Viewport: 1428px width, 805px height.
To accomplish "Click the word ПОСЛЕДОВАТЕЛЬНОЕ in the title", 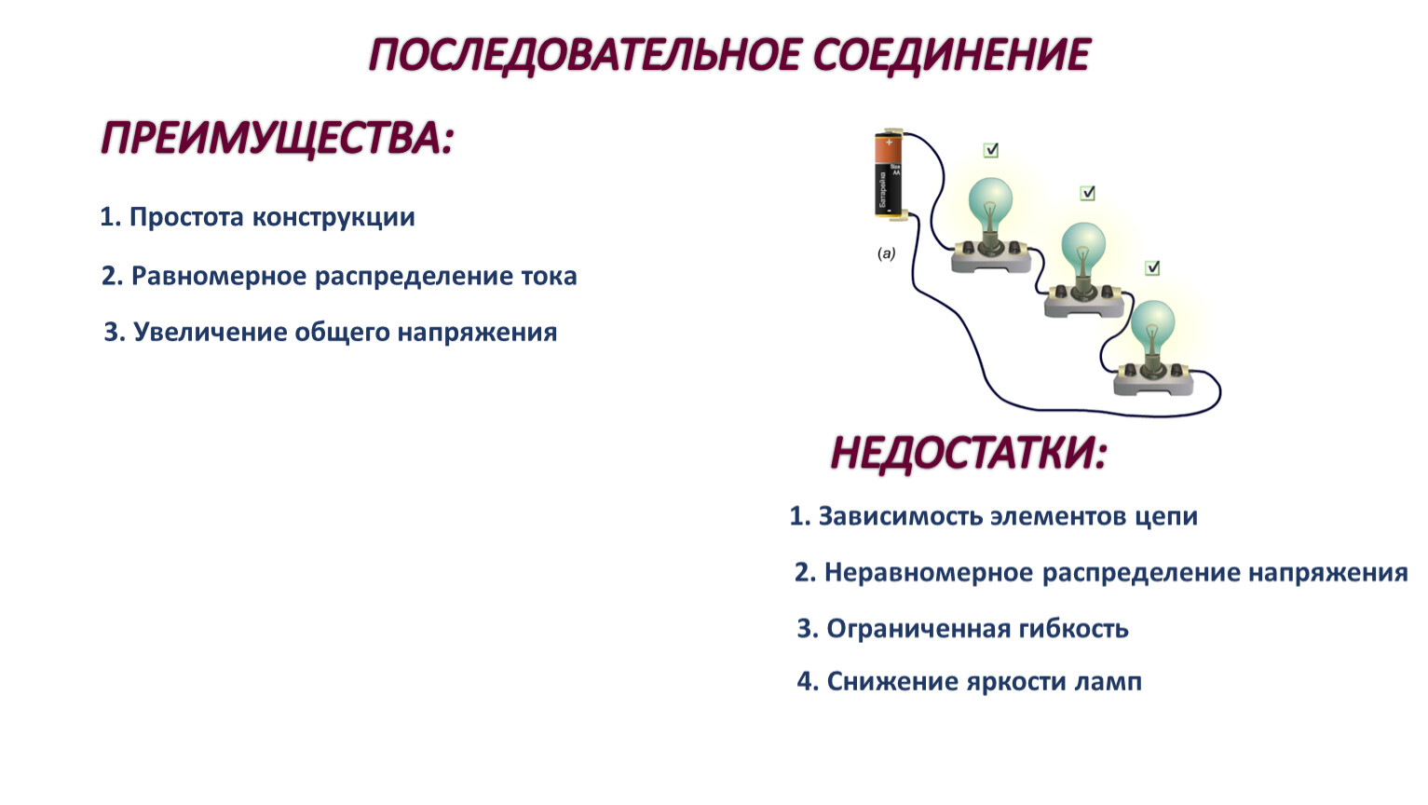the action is pos(583,56).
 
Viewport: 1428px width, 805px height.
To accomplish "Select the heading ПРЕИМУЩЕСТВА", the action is pos(277,138).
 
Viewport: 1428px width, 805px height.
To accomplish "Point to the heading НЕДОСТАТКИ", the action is pos(969,454).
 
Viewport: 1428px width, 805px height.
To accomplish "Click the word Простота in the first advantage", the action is pos(187,217).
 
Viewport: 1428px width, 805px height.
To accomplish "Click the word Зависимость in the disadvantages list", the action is pos(901,516).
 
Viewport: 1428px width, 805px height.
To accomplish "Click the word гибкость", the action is pos(1073,629).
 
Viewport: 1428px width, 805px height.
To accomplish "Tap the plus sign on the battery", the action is pos(890,142).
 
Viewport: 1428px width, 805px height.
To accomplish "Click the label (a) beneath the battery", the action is pos(886,253).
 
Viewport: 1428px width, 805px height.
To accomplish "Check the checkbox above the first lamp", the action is pos(991,150).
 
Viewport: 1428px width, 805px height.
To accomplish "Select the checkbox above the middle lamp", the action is pos(1088,193).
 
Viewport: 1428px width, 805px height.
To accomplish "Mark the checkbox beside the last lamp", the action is pos(1152,268).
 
